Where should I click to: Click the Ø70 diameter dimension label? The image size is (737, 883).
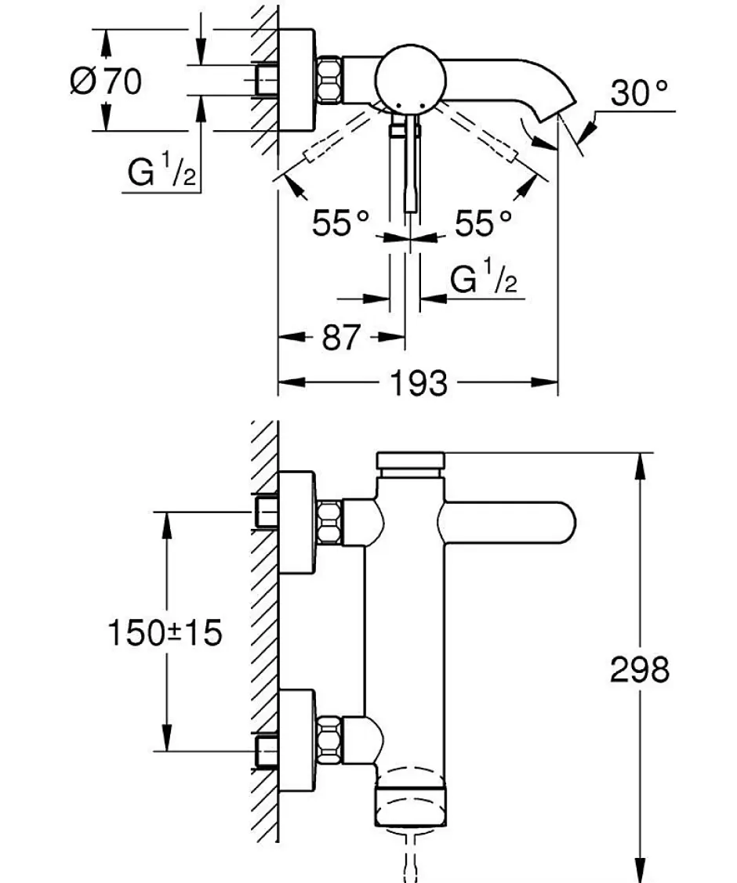pyautogui.click(x=106, y=81)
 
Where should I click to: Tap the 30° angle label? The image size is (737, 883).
pyautogui.click(x=639, y=93)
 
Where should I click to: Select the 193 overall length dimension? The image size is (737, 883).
pyautogui.click(x=419, y=383)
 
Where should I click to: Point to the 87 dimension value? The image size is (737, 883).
pyautogui.click(x=340, y=338)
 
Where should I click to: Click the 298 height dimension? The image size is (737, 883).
pyautogui.click(x=640, y=670)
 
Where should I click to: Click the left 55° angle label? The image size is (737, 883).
pyautogui.click(x=341, y=223)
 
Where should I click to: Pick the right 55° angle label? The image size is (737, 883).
pyautogui.click(x=484, y=223)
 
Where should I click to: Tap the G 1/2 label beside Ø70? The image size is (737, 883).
pyautogui.click(x=162, y=171)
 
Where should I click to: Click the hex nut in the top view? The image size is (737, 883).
pyautogui.click(x=329, y=79)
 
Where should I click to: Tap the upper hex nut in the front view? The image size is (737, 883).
pyautogui.click(x=329, y=523)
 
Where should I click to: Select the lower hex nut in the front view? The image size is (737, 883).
pyautogui.click(x=329, y=740)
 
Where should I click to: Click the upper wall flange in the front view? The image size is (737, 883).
pyautogui.click(x=296, y=523)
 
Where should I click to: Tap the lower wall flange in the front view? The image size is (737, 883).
pyautogui.click(x=296, y=740)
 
